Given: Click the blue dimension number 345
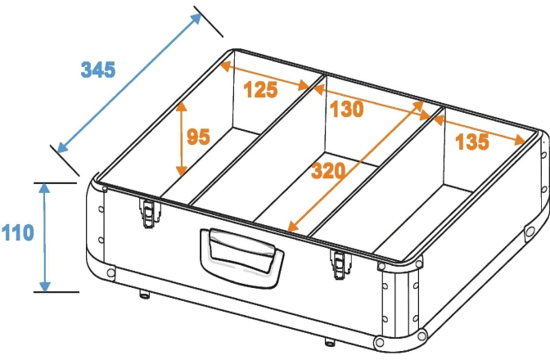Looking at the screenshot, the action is click(98, 70).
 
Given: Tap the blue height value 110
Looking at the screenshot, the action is click(17, 232).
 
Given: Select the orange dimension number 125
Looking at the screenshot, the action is click(260, 89).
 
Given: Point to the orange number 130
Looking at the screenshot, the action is click(346, 109).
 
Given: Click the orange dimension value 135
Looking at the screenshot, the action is click(471, 142).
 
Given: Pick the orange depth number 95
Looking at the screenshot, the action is click(199, 137).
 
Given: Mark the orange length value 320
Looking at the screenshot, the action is click(328, 171).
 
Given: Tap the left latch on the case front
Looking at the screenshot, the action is click(149, 213).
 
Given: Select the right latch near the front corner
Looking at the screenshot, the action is click(339, 264).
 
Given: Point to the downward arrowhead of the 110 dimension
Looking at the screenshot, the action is click(44, 286).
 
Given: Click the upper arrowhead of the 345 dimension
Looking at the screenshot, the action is click(196, 19).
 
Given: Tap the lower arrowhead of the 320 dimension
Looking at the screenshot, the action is click(292, 227).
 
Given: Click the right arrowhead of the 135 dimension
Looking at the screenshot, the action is click(520, 141).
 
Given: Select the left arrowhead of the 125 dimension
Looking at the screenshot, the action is click(225, 65).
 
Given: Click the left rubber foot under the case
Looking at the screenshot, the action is click(145, 294).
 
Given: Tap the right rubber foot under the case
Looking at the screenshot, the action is click(329, 342).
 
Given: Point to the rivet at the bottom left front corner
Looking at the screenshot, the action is click(110, 272).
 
